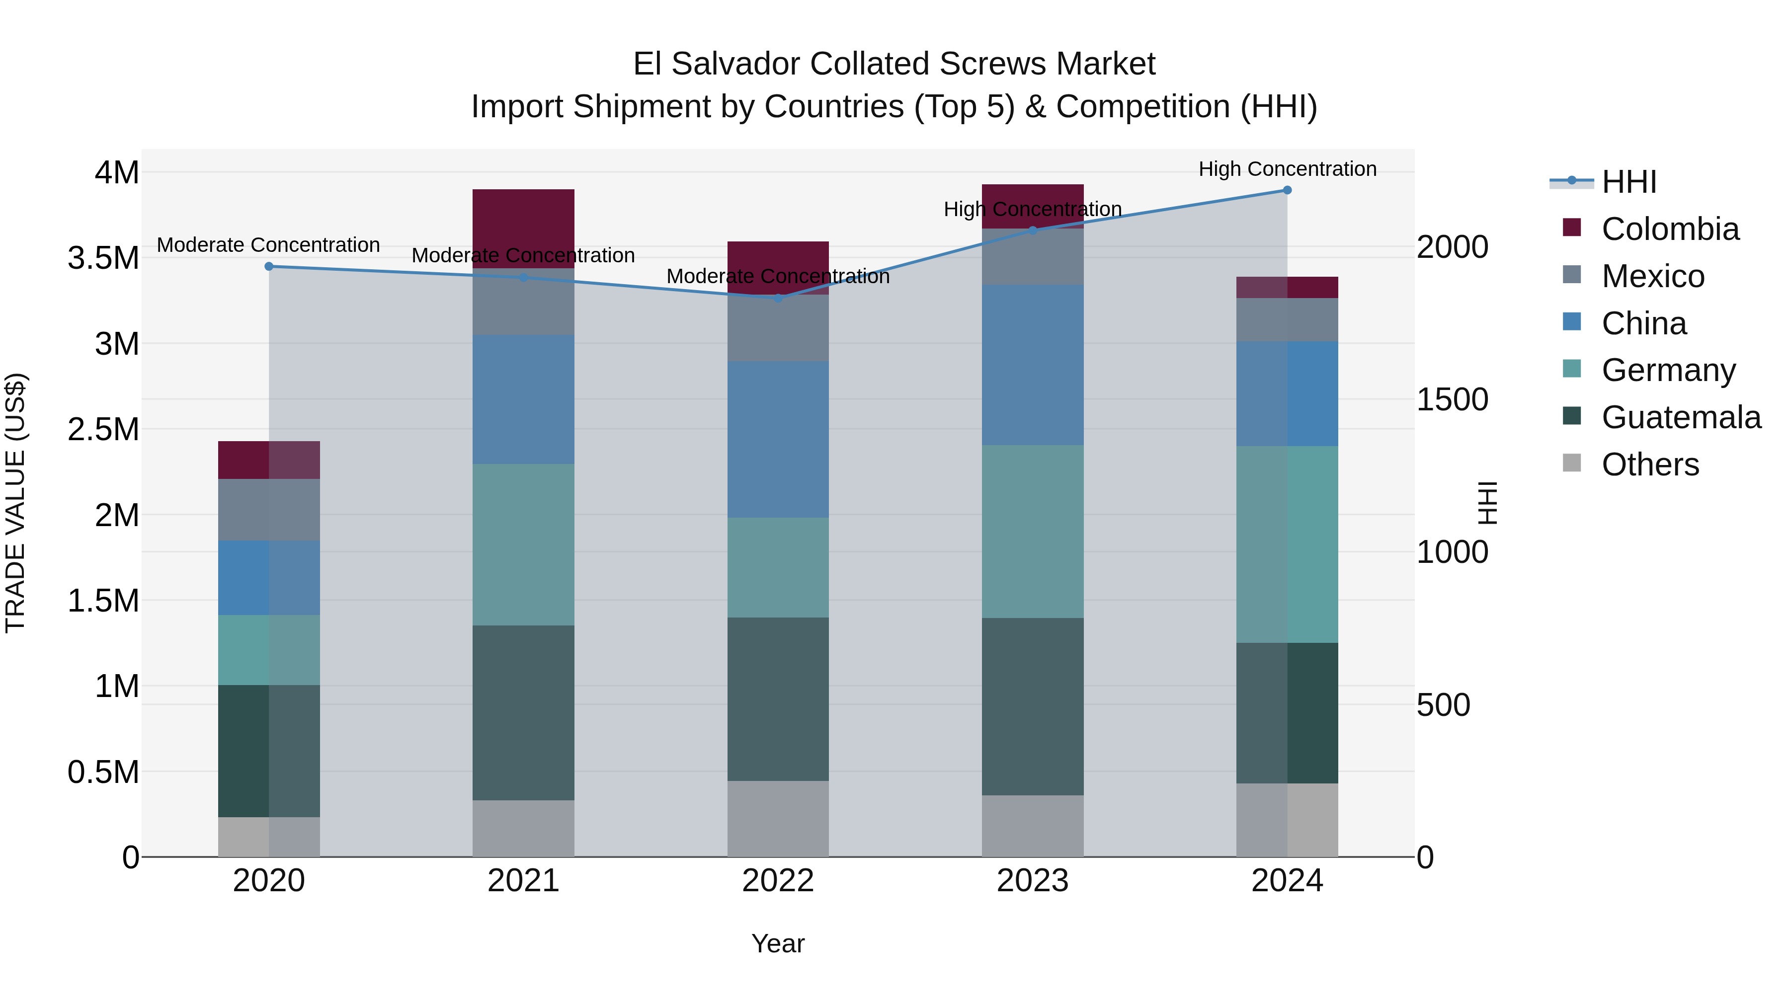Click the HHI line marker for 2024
click(1287, 190)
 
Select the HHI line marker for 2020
click(269, 267)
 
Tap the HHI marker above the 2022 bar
click(778, 299)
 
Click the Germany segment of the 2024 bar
click(1287, 544)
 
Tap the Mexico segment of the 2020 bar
click(269, 510)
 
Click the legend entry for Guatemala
click(1681, 417)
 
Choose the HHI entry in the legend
click(1628, 182)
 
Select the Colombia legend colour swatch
click(1572, 228)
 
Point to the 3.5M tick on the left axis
click(103, 258)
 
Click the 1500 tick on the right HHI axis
click(1452, 400)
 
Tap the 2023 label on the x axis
click(1032, 881)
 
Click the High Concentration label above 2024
click(1287, 169)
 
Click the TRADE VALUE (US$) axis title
click(16, 503)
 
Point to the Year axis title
click(778, 943)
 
